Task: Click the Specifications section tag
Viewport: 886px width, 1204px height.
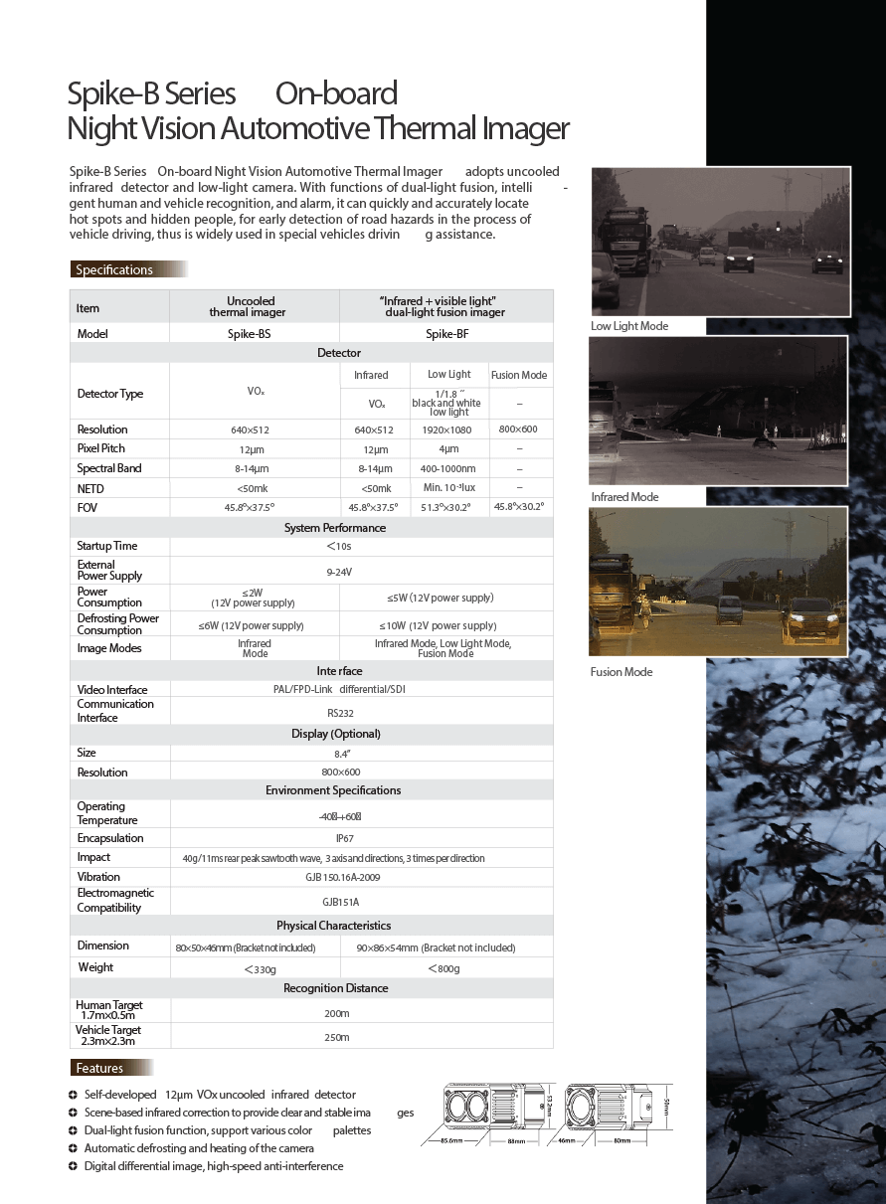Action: pos(114,269)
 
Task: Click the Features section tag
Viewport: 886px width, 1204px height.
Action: pos(99,1069)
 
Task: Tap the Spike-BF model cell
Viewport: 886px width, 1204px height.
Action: pos(446,334)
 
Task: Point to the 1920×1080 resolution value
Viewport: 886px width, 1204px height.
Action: pos(448,430)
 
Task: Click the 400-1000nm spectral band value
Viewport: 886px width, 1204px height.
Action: pos(448,468)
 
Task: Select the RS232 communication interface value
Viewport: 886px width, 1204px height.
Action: pos(341,713)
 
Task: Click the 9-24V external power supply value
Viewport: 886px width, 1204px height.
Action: pos(339,572)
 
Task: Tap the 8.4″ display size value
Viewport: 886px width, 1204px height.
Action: pos(340,753)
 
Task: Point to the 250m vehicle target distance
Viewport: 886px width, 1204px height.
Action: pos(338,1037)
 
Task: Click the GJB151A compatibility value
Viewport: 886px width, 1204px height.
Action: pos(341,902)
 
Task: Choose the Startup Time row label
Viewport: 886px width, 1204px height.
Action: pos(107,546)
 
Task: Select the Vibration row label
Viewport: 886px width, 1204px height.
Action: pos(98,877)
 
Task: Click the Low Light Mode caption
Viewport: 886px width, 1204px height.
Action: pos(629,326)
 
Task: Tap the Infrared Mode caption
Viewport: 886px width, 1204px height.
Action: pos(624,497)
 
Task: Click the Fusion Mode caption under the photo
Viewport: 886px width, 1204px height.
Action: pos(621,672)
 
